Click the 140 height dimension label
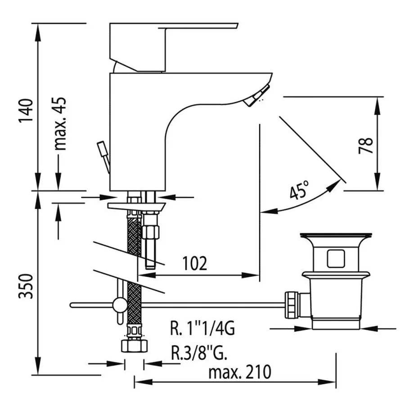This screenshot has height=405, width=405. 27,110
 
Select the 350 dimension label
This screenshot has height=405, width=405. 26,286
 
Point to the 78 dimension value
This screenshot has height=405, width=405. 366,145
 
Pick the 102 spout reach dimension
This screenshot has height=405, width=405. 195,263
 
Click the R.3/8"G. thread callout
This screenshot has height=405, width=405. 199,352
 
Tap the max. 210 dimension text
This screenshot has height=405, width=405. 240,372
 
